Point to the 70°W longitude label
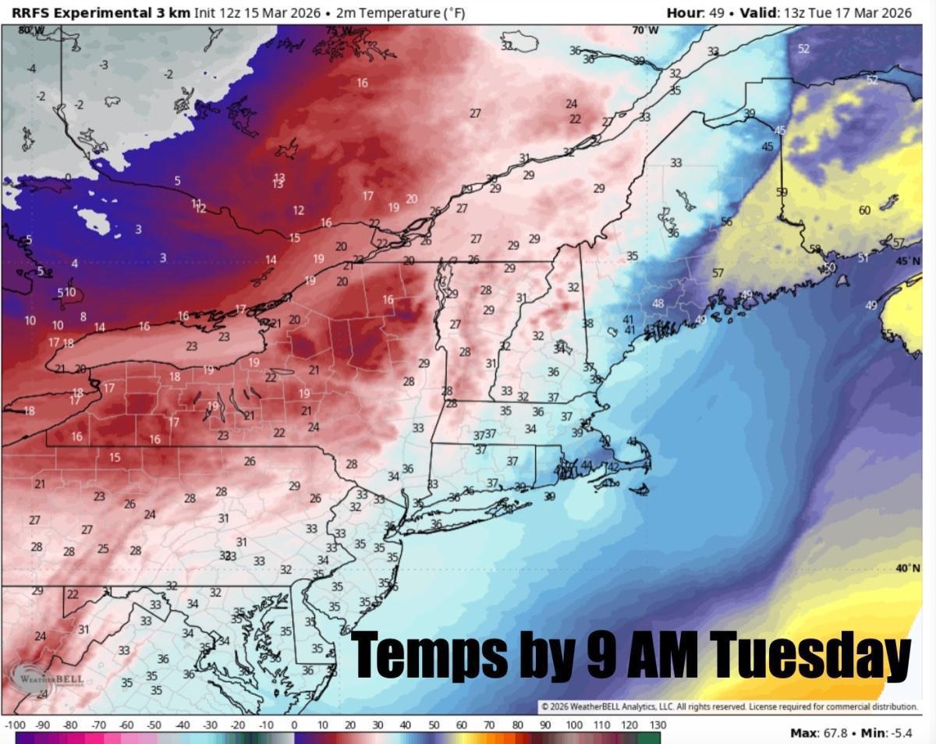(x=646, y=30)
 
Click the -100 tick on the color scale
(x=15, y=725)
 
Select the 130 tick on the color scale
(x=658, y=725)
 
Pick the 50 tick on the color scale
(x=434, y=725)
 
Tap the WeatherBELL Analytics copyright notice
(x=729, y=707)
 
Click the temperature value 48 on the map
(x=658, y=303)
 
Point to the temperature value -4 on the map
(x=32, y=69)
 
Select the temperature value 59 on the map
(x=782, y=192)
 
